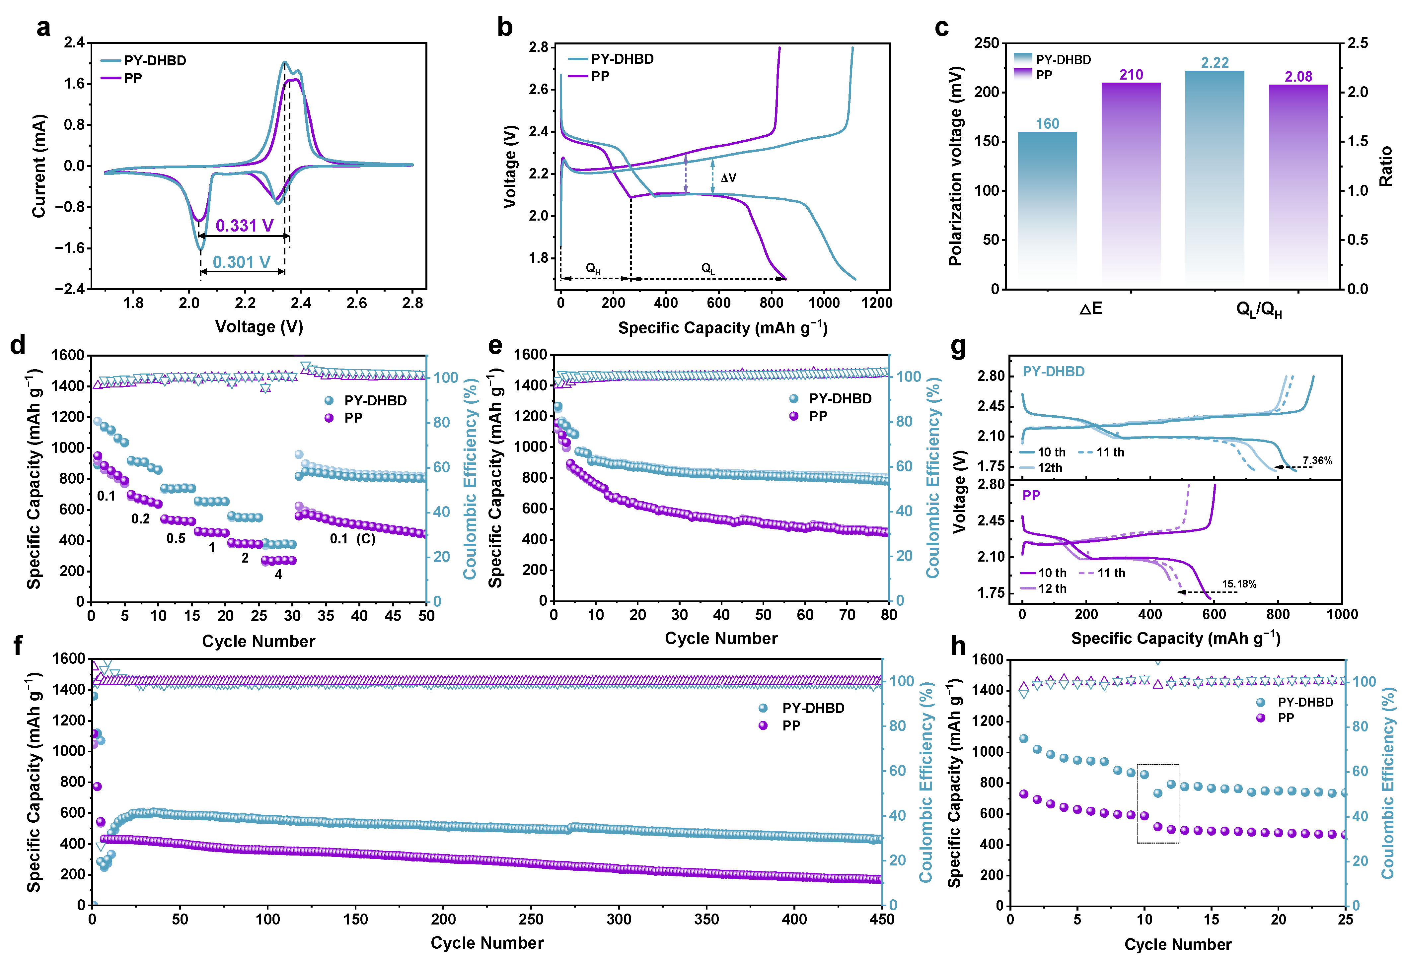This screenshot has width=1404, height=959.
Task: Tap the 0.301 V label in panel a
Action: (x=241, y=262)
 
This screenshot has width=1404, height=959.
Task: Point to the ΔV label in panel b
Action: (x=728, y=177)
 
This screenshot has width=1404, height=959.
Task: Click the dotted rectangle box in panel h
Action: (x=1157, y=803)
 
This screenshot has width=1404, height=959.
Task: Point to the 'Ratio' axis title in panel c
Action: (x=1386, y=166)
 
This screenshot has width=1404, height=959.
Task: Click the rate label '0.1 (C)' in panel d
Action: (x=352, y=539)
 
